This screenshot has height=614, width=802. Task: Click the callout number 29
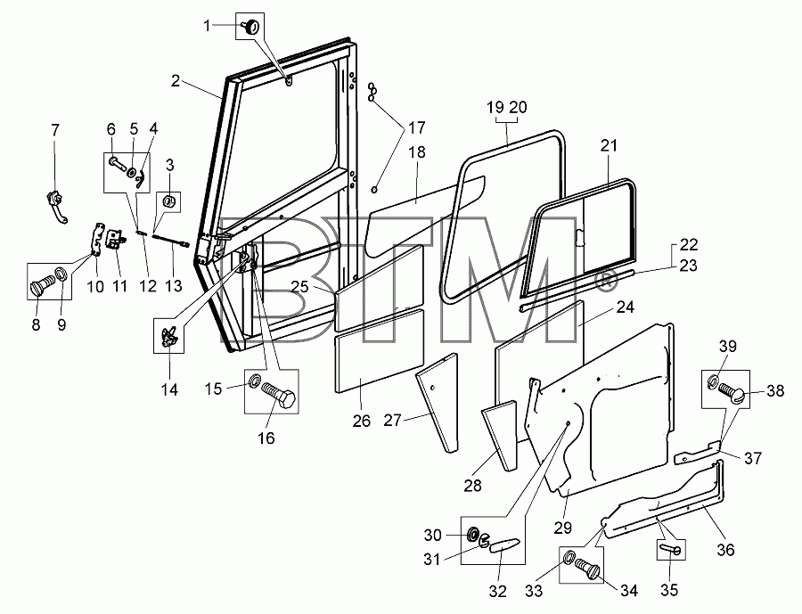[x=562, y=528]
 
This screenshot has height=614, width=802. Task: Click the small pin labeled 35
[x=670, y=549]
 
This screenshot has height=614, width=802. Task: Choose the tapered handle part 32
[x=504, y=545]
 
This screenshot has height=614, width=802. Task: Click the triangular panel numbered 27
[x=437, y=403]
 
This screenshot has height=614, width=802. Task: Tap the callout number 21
[x=609, y=146]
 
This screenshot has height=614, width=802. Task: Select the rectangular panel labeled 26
[x=380, y=351]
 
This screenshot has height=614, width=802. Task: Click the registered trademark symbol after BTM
[x=604, y=281]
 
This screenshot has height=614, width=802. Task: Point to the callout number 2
[x=176, y=81]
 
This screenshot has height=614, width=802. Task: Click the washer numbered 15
[x=254, y=381]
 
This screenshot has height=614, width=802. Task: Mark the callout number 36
[x=725, y=550]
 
